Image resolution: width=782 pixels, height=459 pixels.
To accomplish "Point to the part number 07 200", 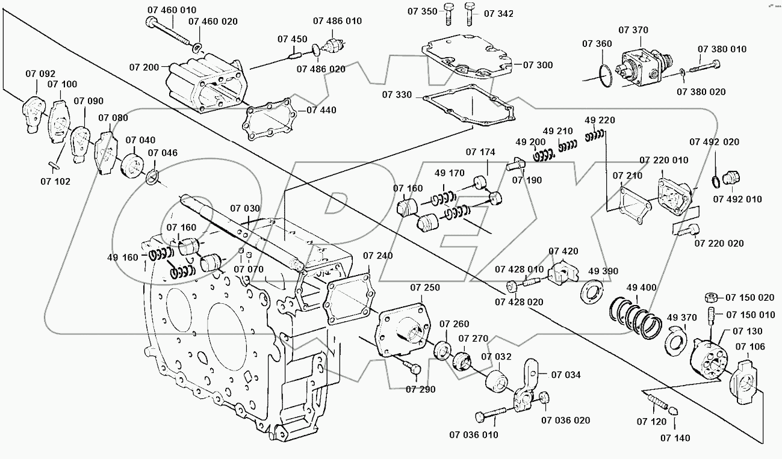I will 143,67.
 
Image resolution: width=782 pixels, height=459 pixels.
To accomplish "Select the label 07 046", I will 163,153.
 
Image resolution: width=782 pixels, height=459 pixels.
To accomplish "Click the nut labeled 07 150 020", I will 710,297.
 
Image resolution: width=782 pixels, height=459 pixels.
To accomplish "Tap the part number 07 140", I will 675,438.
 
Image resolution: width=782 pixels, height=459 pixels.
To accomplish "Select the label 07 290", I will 420,389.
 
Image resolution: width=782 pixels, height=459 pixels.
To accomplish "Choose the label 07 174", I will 480,152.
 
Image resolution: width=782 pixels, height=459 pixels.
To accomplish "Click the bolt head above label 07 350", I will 448,8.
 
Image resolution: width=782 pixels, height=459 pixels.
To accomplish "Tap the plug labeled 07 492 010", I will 731,178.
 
